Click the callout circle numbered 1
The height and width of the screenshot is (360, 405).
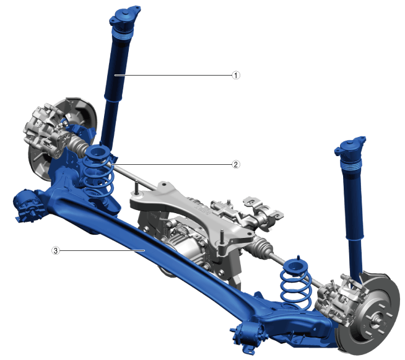pos(236,75)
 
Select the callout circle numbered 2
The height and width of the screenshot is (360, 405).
pos(235,164)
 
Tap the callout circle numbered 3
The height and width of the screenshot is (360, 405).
pos(56,250)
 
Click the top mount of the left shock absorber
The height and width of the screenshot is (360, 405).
pos(124,17)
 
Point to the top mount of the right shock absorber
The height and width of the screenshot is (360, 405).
pos(351,146)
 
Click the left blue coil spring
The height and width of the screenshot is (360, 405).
pos(98,173)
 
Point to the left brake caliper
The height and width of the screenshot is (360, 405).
pos(44,130)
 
